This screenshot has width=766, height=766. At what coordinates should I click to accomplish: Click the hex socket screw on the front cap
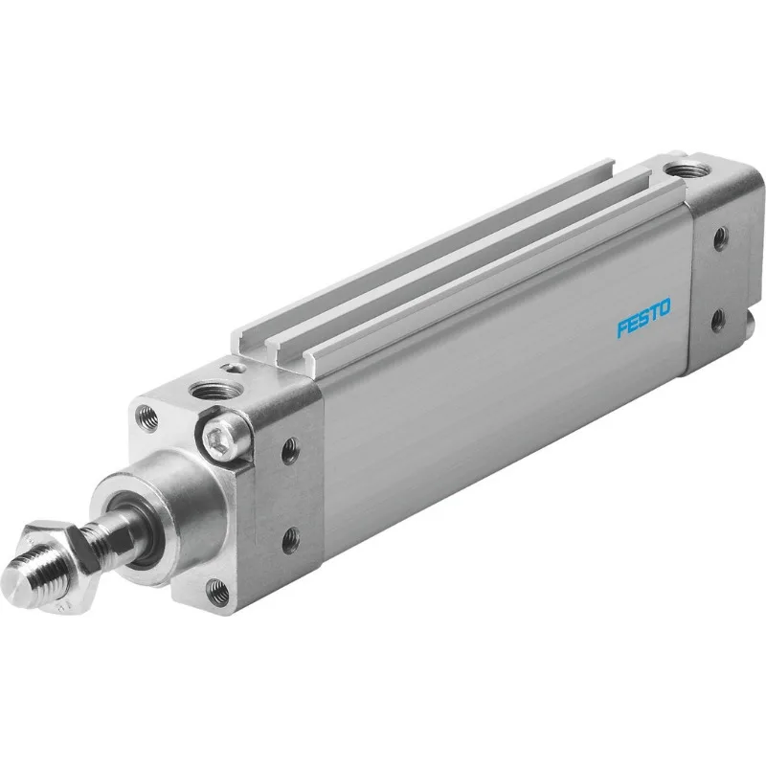(x=218, y=439)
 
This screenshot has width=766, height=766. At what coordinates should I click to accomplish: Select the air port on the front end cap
(x=207, y=390)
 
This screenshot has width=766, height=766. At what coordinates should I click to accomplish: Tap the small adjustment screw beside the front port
(x=229, y=366)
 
